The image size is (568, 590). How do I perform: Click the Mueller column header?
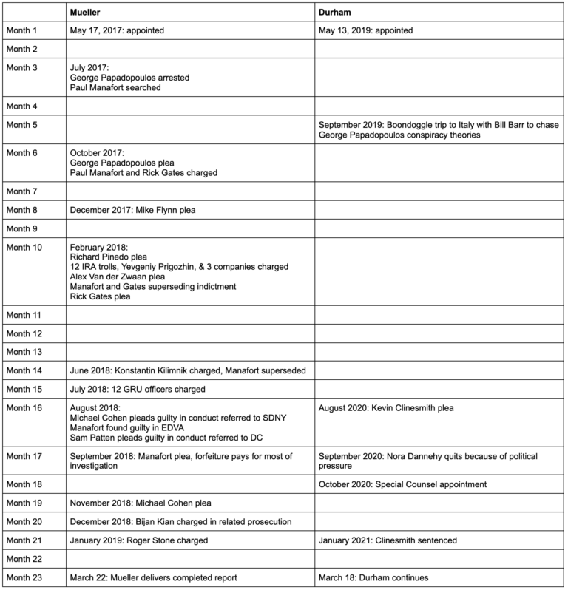(86, 13)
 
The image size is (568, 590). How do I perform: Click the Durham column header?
(335, 13)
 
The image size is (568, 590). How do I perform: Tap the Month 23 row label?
(23, 577)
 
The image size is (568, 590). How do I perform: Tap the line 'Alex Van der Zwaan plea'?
(116, 277)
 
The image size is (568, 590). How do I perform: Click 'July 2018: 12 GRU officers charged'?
(136, 388)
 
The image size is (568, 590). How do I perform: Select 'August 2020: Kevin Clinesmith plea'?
(385, 407)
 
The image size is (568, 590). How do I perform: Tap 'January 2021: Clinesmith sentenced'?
(388, 540)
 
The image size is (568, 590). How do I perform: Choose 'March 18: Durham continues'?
(373, 577)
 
